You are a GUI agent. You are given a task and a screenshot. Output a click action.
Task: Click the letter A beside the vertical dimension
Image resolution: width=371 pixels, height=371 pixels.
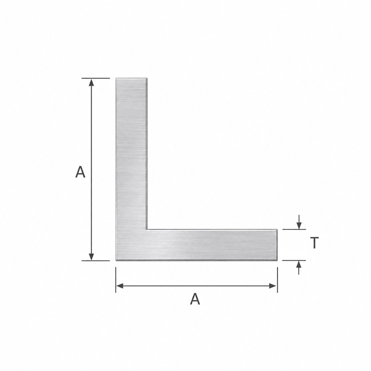tap(80, 172)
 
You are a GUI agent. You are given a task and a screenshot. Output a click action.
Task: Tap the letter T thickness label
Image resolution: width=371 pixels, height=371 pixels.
tap(314, 243)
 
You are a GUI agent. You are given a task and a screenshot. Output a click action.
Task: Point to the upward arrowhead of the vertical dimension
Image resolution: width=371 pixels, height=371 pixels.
tap(91, 82)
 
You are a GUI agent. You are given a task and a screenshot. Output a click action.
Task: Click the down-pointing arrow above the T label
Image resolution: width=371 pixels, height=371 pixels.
tap(299, 222)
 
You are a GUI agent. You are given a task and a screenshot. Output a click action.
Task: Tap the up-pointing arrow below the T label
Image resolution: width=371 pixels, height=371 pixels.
tap(299, 267)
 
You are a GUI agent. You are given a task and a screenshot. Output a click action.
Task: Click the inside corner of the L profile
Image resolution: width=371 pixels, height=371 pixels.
tap(147, 229)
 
